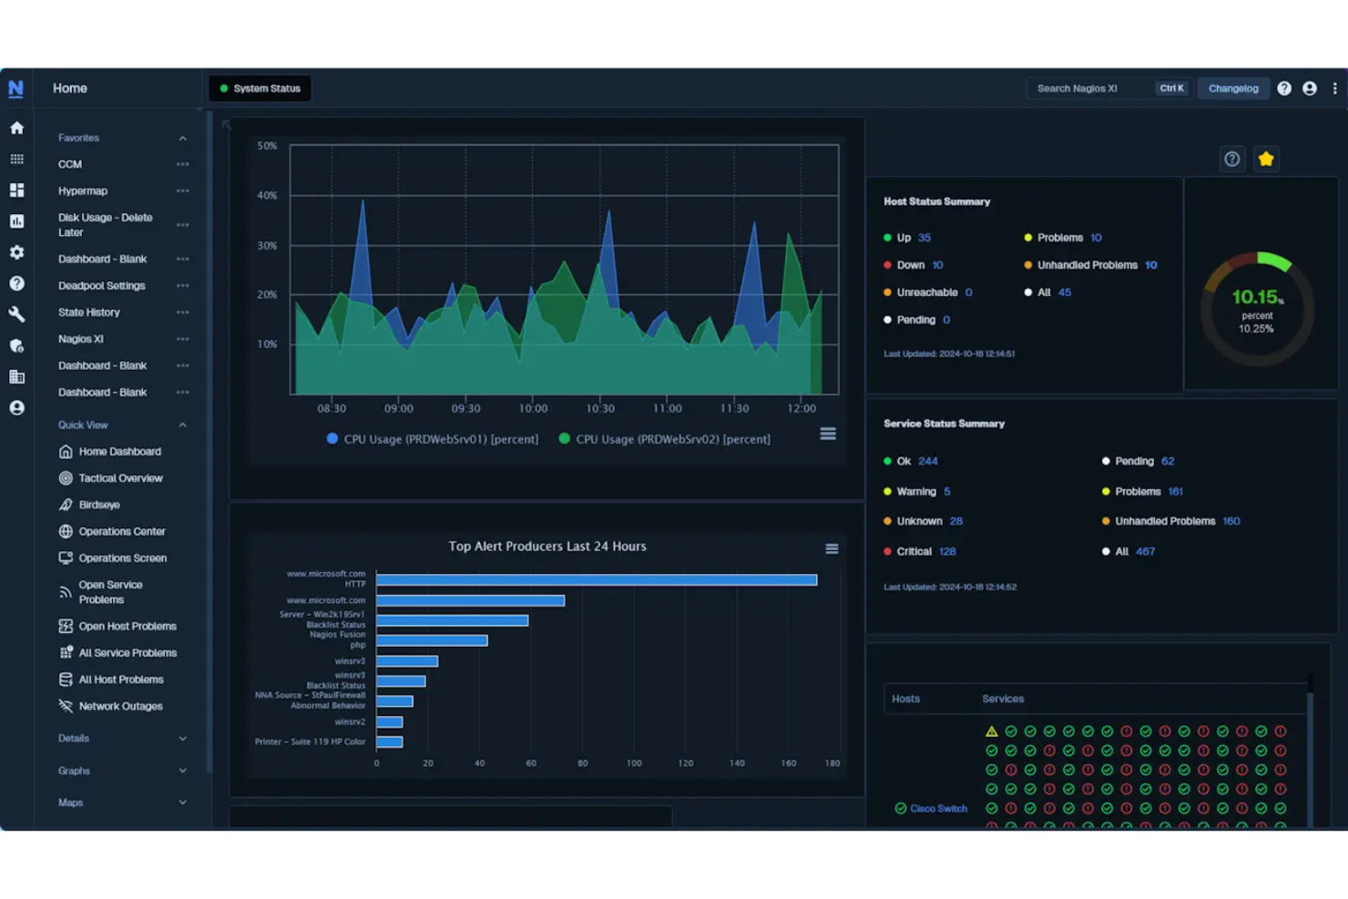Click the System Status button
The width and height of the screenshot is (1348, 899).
click(260, 88)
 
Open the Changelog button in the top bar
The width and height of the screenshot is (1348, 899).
click(1232, 88)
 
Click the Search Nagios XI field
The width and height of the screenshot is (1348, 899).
click(1088, 88)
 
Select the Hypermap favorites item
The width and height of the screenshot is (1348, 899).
click(83, 191)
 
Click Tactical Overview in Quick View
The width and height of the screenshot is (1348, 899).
click(120, 478)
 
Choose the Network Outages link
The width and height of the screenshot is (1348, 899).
click(120, 706)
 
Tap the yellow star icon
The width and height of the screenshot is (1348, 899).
click(1265, 159)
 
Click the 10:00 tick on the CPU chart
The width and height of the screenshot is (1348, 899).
click(533, 408)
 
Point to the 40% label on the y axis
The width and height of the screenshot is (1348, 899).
click(267, 196)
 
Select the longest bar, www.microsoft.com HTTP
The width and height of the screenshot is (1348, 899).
click(596, 580)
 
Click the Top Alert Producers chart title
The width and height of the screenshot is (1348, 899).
click(546, 547)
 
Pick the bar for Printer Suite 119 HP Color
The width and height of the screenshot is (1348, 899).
click(389, 742)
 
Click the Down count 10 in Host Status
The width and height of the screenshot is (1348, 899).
click(937, 265)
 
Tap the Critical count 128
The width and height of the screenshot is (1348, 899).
click(947, 552)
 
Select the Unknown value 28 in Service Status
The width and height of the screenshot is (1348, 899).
click(955, 522)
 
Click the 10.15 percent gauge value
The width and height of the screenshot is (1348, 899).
click(1255, 297)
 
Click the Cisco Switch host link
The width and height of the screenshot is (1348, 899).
click(937, 809)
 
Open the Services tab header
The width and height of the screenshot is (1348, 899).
click(1002, 699)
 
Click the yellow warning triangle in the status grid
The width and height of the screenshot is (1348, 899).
click(991, 731)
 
